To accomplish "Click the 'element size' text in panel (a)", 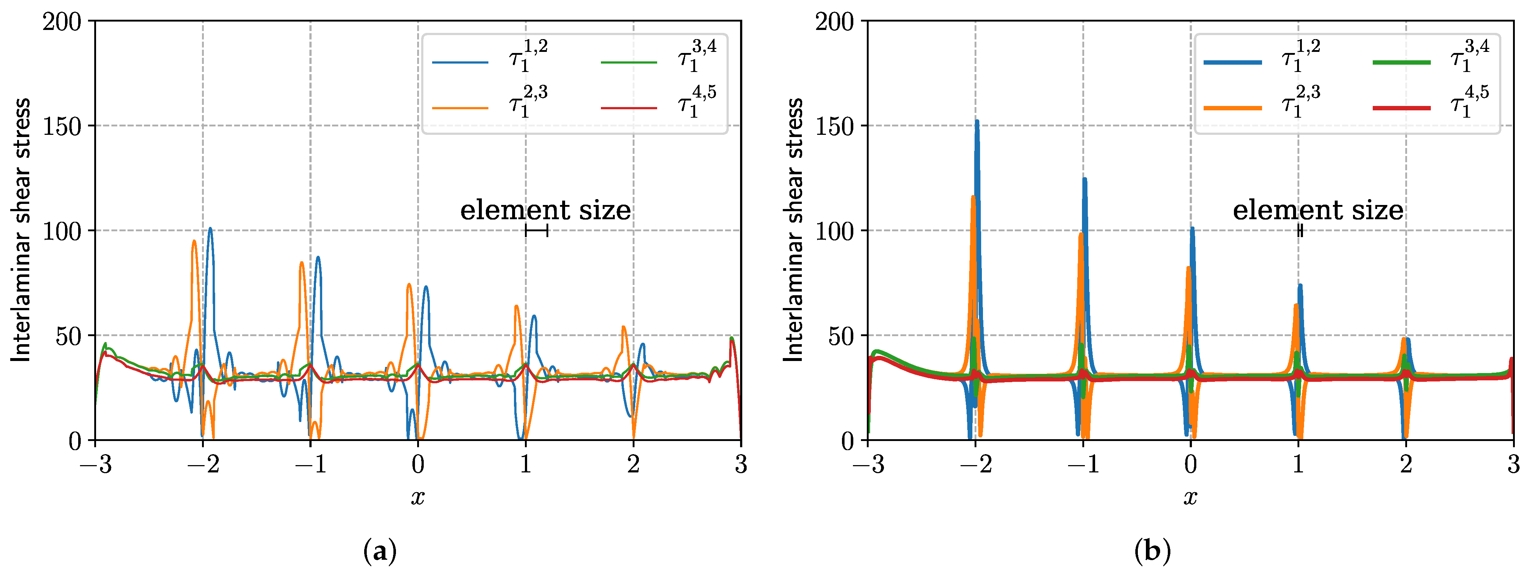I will tap(545, 210).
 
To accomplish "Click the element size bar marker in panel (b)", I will tap(1300, 230).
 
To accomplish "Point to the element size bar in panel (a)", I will tap(537, 230).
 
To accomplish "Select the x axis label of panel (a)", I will tap(418, 497).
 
